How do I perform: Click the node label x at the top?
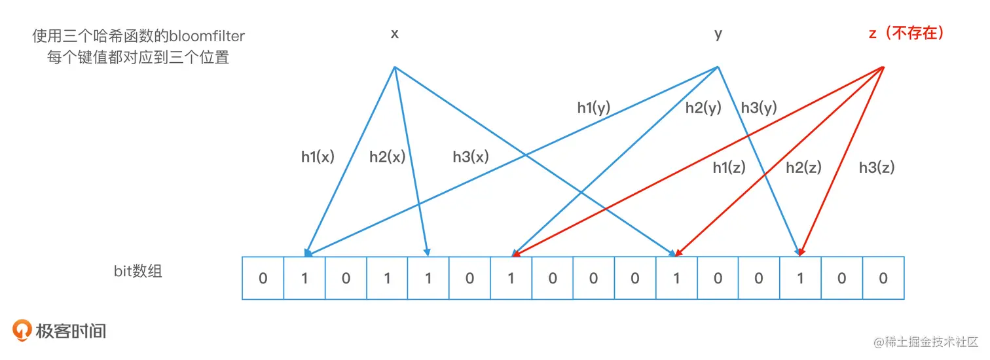point(395,34)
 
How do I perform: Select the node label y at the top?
point(718,34)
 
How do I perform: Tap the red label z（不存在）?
point(907,34)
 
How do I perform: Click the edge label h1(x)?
point(318,157)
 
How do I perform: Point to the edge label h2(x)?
point(387,157)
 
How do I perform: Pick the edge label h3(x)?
point(470,157)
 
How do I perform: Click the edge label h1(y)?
point(593,108)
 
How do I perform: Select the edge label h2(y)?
point(703,108)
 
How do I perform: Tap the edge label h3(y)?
point(759,108)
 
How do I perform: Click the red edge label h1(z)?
point(729,168)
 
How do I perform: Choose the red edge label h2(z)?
point(803,168)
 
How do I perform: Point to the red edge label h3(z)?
point(877,168)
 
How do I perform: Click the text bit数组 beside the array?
point(137,271)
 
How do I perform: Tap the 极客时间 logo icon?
point(23,331)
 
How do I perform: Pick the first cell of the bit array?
point(263,278)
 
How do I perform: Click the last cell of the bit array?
point(883,278)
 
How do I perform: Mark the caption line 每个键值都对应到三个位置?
point(138,57)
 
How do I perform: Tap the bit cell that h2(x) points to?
point(428,278)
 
